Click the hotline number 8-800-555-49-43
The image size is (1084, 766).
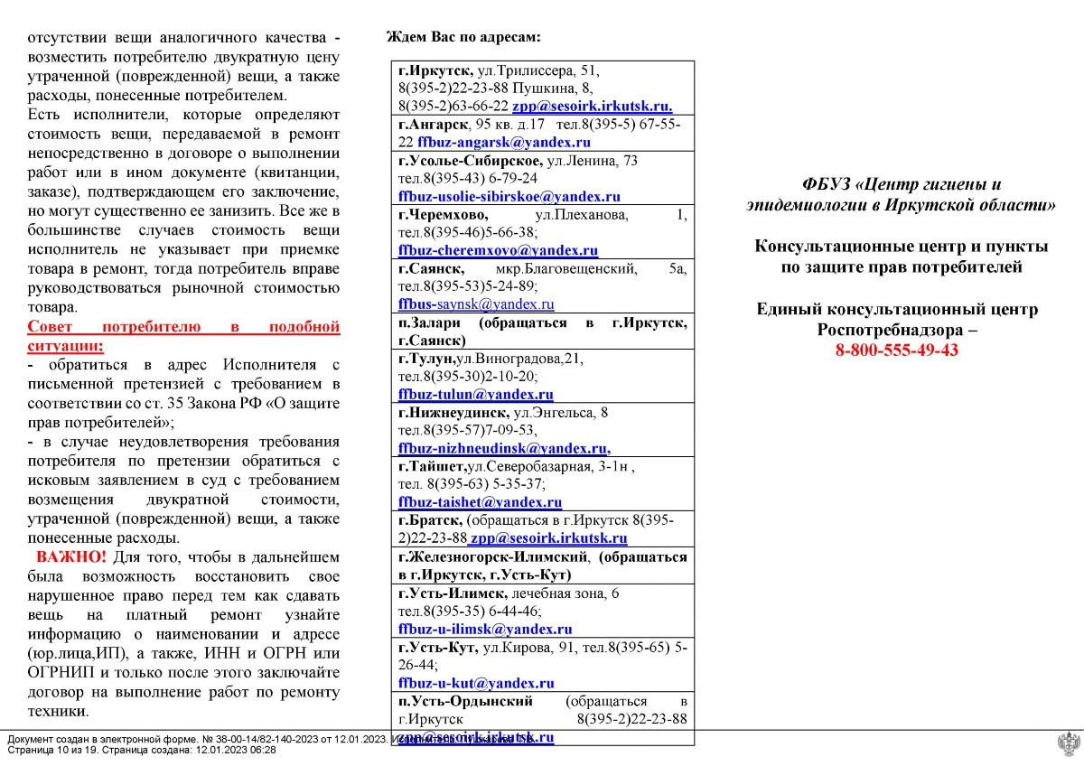[x=897, y=350]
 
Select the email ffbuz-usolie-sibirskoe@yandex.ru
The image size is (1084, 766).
[x=509, y=196]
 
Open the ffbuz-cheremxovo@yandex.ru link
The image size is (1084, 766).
[x=498, y=250]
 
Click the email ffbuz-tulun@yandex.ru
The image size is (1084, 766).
[x=477, y=394]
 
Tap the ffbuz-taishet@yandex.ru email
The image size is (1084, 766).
[x=480, y=502]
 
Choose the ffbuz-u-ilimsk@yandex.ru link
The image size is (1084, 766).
[x=484, y=629]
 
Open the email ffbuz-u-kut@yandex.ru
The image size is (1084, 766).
[x=476, y=683]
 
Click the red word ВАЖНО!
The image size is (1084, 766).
[x=71, y=556]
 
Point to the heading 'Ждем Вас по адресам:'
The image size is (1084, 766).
[x=463, y=37]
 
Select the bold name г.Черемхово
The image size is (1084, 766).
[x=443, y=214]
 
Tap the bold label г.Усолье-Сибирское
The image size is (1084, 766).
[x=469, y=160]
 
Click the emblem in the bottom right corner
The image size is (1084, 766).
[x=1067, y=744]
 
